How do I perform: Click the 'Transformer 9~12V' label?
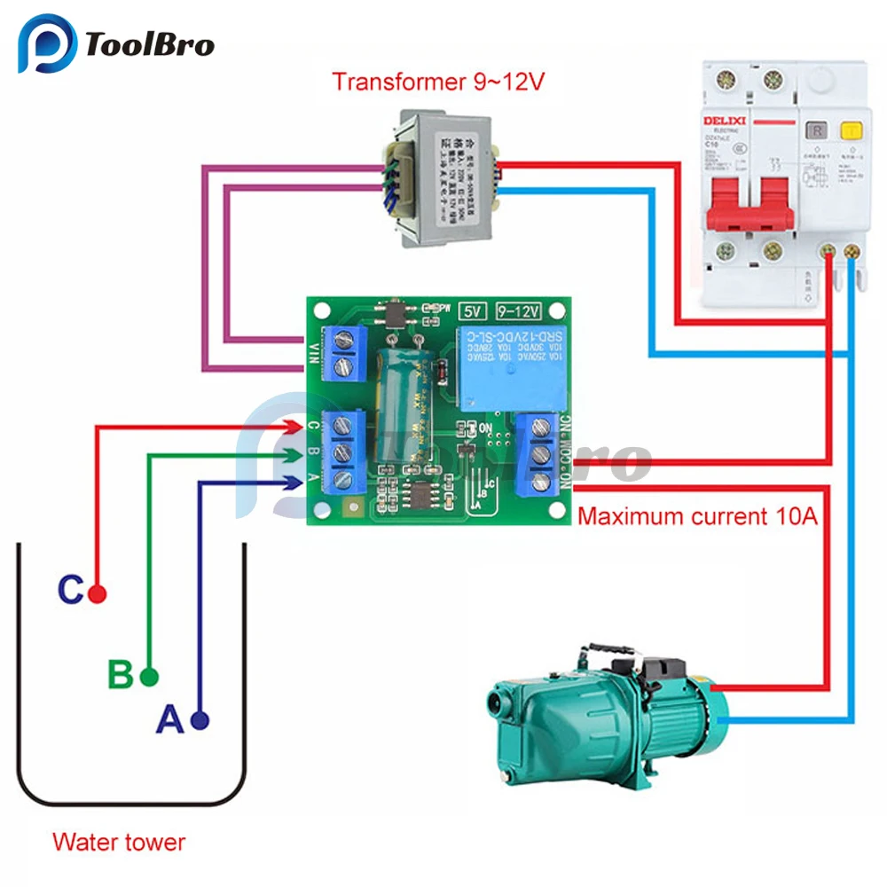[438, 82]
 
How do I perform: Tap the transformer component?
[439, 177]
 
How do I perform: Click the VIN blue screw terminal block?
[347, 353]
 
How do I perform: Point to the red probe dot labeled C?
[98, 594]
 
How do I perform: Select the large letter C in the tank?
[71, 590]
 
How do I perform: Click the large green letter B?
[121, 675]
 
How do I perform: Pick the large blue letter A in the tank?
[169, 719]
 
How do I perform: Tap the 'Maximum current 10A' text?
[697, 515]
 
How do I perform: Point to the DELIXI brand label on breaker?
[726, 122]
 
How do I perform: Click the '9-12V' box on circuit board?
[517, 311]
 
